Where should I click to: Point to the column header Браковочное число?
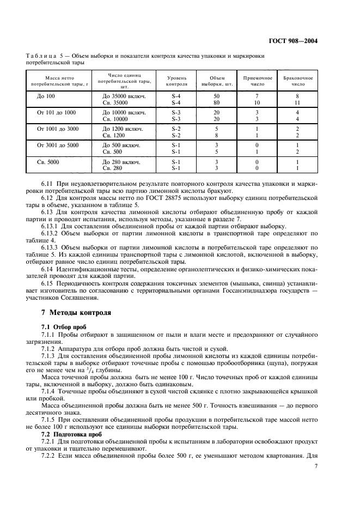tap(297, 82)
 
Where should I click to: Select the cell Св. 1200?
tap(113, 135)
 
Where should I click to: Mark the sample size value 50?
tap(217, 96)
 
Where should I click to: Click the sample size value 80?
tap(217, 102)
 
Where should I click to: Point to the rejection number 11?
tap(297, 102)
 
